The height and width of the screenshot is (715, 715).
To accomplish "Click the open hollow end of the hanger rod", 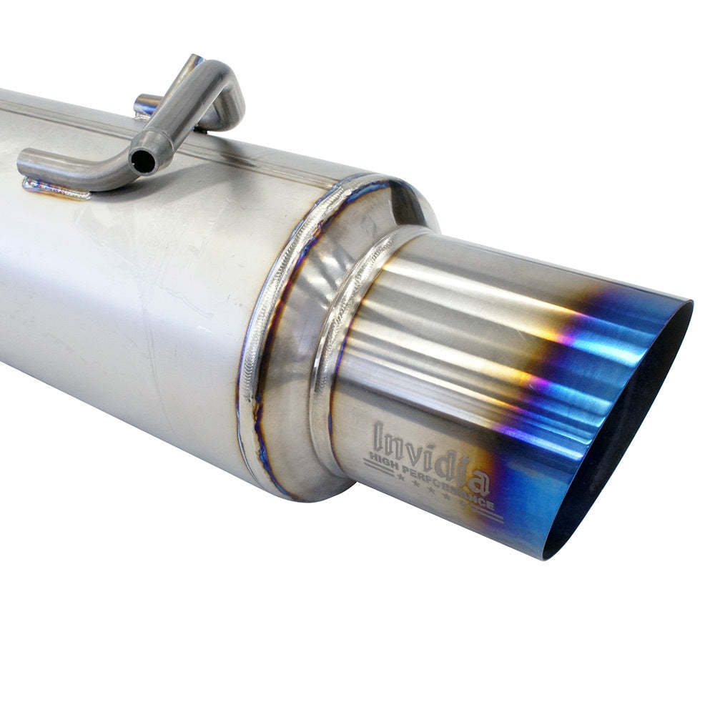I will coord(143,162).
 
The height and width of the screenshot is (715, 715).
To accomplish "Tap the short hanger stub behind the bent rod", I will coord(147,104).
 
